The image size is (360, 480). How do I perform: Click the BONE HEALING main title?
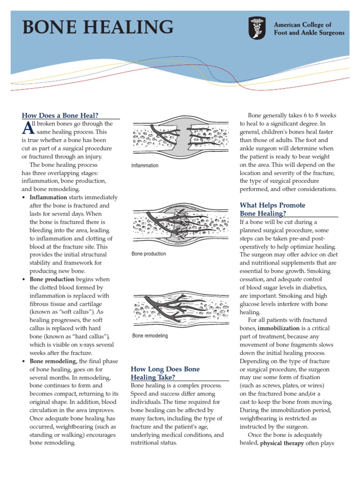click(97, 27)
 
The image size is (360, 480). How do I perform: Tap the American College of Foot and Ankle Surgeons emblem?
click(256, 29)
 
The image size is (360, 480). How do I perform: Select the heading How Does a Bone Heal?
click(60, 115)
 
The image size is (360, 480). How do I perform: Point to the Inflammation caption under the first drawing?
click(145, 165)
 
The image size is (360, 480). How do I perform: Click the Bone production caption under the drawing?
click(149, 254)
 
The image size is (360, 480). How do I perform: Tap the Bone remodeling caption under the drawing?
click(150, 336)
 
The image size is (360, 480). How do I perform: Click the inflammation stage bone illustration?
click(180, 139)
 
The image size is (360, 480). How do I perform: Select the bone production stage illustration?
click(180, 225)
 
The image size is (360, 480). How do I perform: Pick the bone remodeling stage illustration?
click(180, 309)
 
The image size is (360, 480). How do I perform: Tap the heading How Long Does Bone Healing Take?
click(165, 373)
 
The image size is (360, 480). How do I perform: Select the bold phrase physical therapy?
click(285, 442)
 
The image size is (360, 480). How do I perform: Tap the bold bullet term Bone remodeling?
click(53, 361)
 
